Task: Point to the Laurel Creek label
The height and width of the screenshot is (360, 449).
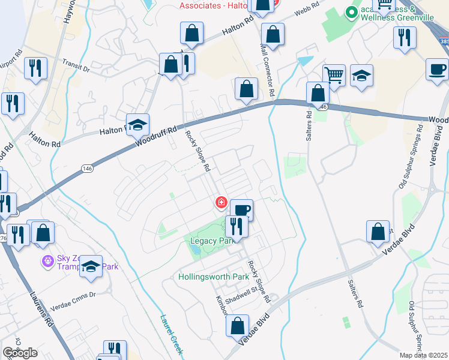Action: coord(170,334)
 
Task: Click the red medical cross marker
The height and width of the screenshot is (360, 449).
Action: coord(221,203)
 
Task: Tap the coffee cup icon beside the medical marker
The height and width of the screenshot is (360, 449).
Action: coord(241,210)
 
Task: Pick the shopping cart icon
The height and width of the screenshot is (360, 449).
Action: coord(334,75)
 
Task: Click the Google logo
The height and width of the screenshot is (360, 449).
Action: coord(20,353)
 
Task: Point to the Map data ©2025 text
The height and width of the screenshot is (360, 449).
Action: coord(424,355)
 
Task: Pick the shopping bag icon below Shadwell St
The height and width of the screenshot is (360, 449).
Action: coord(237,326)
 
